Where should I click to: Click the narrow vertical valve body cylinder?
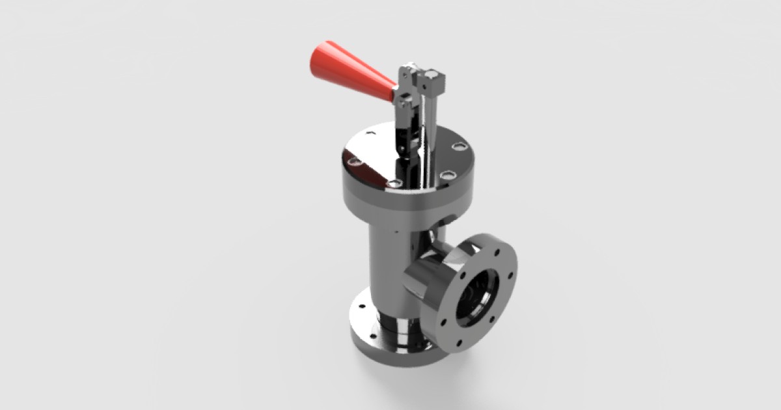click(384, 267)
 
